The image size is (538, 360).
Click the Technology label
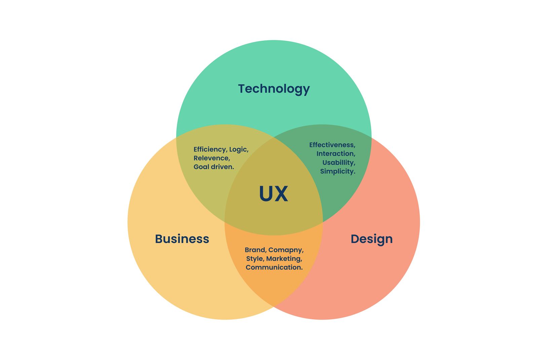(x=274, y=89)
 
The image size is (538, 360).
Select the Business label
(x=182, y=239)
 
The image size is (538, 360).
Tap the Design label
(x=372, y=239)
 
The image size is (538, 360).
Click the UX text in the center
(x=273, y=194)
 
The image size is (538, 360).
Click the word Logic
(x=239, y=150)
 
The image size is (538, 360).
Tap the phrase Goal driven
(x=214, y=167)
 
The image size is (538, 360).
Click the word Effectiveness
(x=332, y=145)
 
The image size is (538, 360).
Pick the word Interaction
(x=336, y=154)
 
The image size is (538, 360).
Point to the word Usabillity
(x=339, y=162)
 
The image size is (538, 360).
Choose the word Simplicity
(x=338, y=171)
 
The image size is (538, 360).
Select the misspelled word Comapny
(x=286, y=250)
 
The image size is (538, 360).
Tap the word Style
(x=255, y=258)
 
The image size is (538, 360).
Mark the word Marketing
(x=284, y=258)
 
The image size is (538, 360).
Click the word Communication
(x=274, y=267)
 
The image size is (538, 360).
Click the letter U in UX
(x=266, y=194)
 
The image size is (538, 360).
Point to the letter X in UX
(x=281, y=194)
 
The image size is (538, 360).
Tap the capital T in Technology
(x=241, y=89)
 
